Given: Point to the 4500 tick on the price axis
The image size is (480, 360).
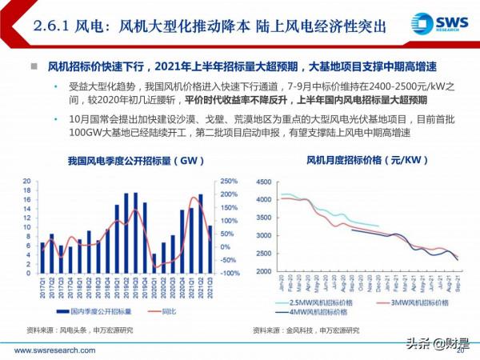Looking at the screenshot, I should point(262,179).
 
